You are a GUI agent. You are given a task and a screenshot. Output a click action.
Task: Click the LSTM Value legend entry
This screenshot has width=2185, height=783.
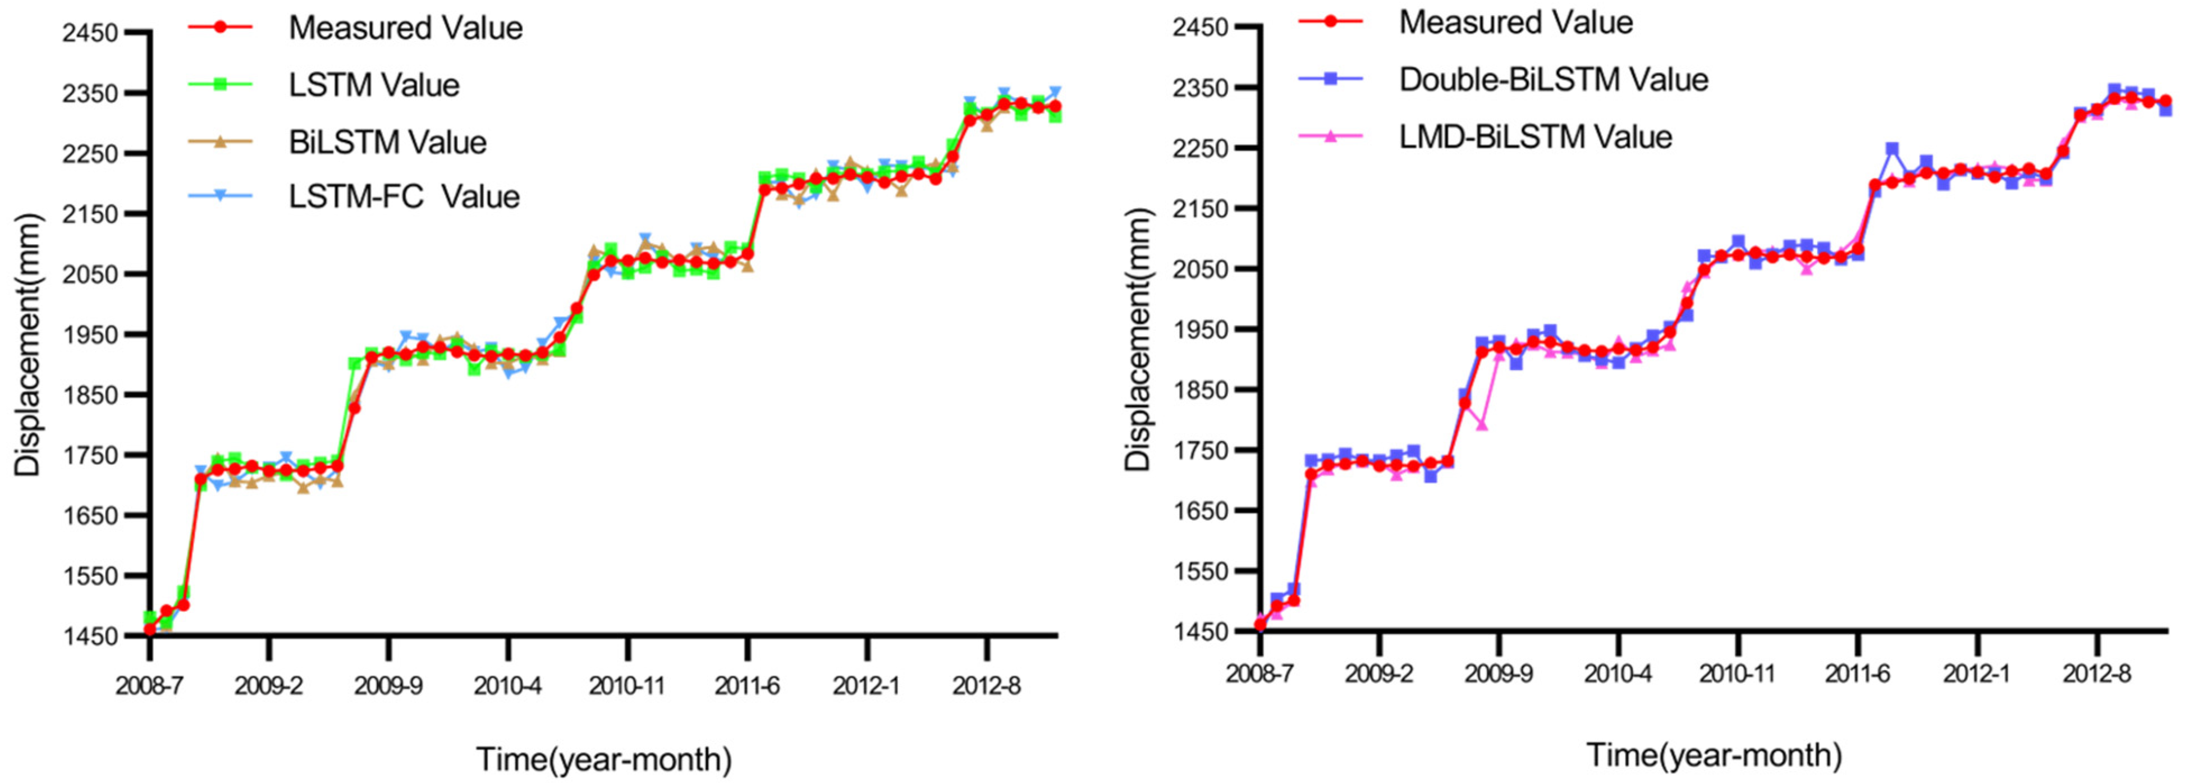click(x=373, y=85)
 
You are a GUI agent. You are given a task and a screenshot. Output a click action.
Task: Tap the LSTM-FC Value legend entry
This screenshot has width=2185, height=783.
click(x=404, y=197)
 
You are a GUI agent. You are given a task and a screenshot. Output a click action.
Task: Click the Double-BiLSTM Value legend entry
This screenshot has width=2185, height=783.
click(x=1552, y=80)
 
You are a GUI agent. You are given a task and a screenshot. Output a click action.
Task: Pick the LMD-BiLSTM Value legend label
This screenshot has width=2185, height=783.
click(x=1534, y=136)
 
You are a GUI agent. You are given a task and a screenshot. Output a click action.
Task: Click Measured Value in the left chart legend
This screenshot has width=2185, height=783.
click(x=405, y=28)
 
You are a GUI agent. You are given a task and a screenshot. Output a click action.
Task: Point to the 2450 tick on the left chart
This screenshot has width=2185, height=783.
click(x=91, y=34)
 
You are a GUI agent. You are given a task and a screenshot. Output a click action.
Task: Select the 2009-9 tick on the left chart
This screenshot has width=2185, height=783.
click(x=388, y=686)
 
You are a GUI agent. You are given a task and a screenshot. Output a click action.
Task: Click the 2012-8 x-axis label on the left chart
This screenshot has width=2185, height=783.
click(x=987, y=686)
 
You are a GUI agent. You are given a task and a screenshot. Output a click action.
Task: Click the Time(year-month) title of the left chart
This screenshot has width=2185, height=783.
click(x=603, y=759)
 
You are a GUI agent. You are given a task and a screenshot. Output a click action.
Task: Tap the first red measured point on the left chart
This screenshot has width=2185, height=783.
click(x=150, y=629)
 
